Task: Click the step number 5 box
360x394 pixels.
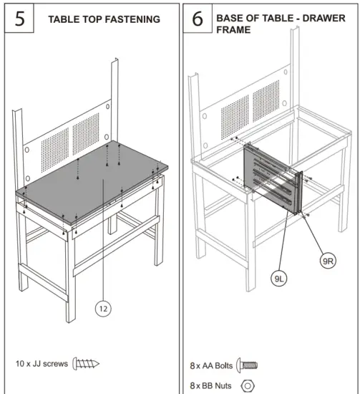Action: coord(19,18)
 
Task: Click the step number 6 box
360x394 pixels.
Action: coord(198,19)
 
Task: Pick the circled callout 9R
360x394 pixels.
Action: coord(328,261)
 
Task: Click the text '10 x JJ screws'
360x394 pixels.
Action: coord(42,364)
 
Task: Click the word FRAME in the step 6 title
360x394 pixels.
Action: coord(233,30)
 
